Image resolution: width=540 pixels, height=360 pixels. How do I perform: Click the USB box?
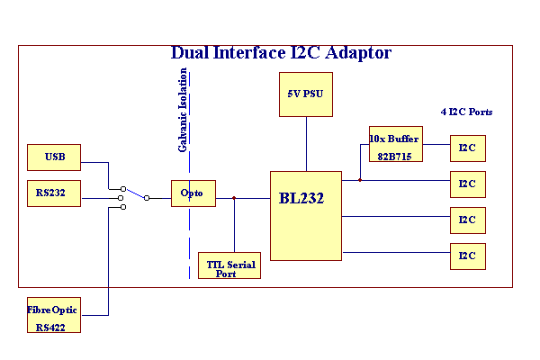tap(54, 157)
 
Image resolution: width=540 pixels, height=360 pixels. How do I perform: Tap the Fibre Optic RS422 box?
tap(54, 319)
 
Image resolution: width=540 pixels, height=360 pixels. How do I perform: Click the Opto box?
tap(193, 193)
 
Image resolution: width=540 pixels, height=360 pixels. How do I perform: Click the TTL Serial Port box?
tap(229, 265)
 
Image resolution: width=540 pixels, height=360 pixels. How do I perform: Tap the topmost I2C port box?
tap(468, 148)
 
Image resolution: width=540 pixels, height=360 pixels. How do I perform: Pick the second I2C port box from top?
tap(468, 184)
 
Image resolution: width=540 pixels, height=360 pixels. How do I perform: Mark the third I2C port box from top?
tap(468, 220)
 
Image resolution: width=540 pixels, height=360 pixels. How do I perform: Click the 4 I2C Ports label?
tap(466, 112)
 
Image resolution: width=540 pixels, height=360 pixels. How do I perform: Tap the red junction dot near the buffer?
tap(360, 180)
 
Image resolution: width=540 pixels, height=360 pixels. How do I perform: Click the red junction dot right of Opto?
tap(234, 198)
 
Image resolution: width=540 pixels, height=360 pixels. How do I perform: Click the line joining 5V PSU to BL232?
tap(306, 144)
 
